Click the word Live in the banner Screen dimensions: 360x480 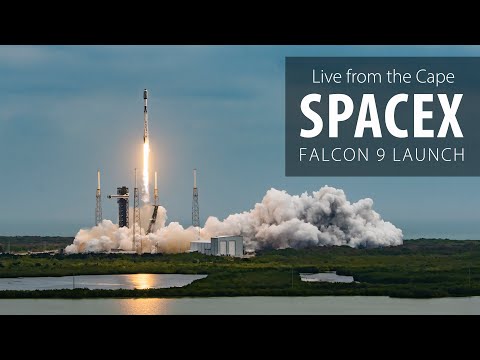tap(328, 76)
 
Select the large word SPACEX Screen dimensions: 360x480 tap(381, 117)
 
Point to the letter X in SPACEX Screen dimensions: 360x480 tap(449, 117)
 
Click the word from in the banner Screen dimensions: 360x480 tap(363, 76)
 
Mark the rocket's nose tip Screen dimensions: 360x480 tap(145, 91)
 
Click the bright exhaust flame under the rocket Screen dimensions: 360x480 tap(145, 170)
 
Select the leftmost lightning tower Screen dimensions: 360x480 tap(98, 200)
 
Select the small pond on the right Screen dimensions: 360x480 tap(326, 277)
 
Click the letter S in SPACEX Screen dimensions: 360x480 tap(312, 117)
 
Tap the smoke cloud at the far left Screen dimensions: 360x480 tap(90, 240)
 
